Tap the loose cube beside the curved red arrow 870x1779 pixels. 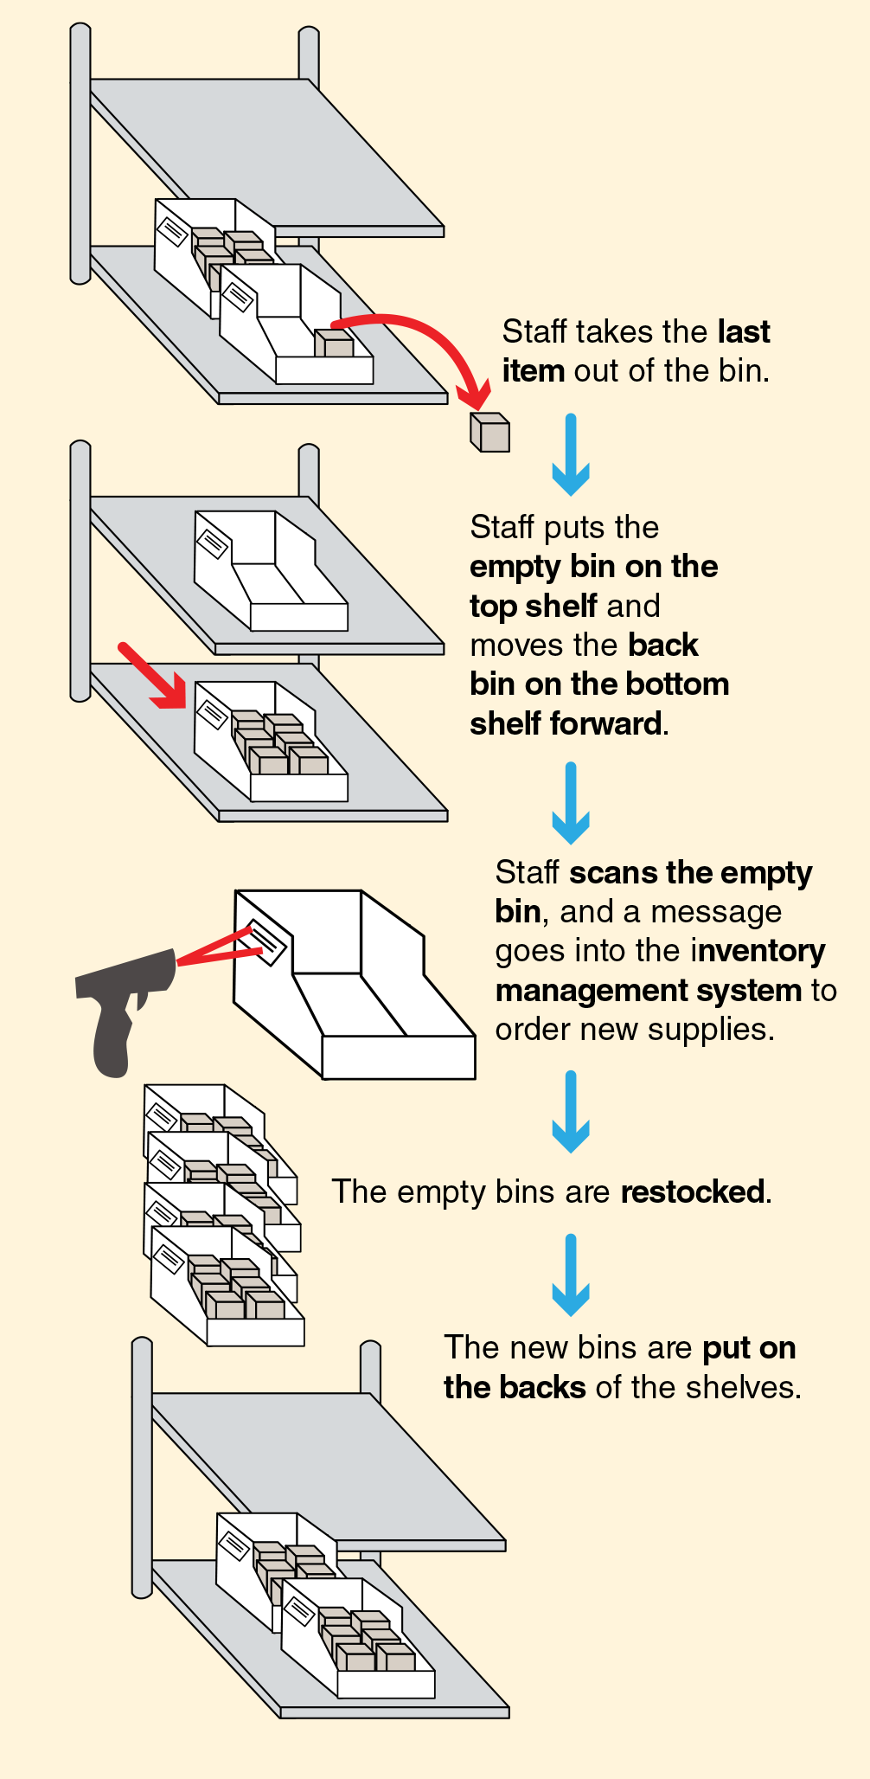click(x=489, y=432)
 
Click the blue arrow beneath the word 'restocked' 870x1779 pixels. click(x=571, y=1275)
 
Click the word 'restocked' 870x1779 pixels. click(x=693, y=1191)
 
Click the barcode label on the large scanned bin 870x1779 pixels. click(x=266, y=942)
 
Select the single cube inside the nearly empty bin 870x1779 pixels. click(x=334, y=344)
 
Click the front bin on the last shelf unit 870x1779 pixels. click(x=356, y=1640)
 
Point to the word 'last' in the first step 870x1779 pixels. click(x=743, y=331)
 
